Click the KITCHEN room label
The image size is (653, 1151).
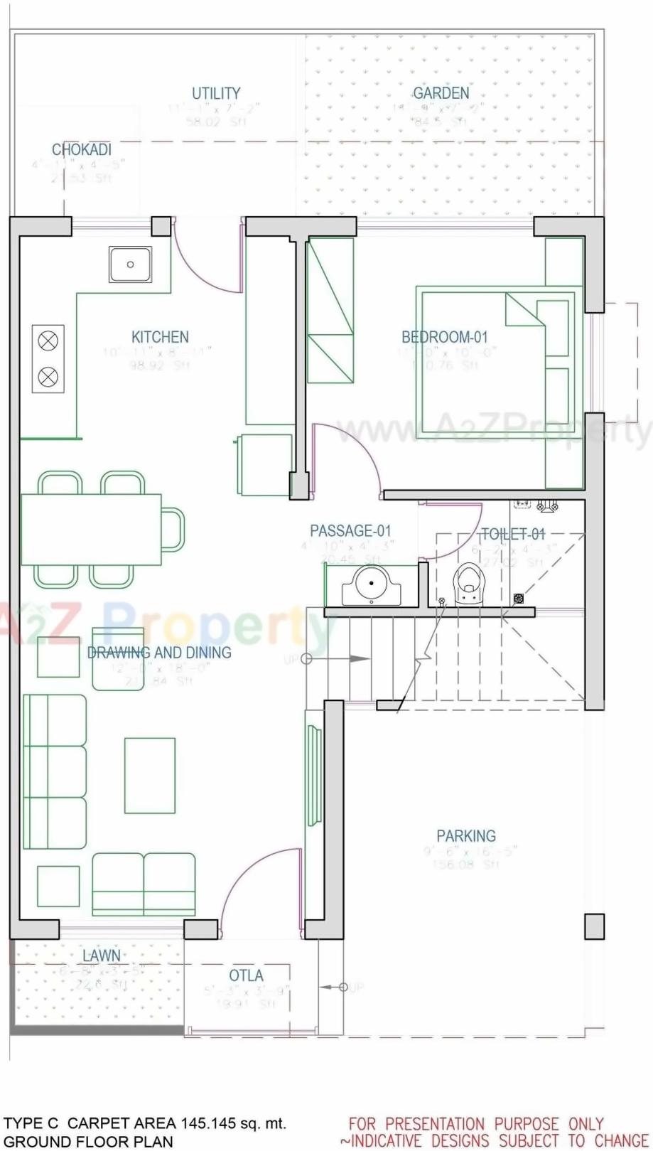click(x=160, y=337)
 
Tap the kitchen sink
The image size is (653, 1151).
click(x=130, y=264)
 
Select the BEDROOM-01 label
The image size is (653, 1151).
click(x=445, y=337)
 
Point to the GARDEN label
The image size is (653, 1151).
click(x=441, y=93)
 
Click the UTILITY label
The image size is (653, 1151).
click(x=216, y=93)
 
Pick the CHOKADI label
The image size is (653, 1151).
click(x=82, y=150)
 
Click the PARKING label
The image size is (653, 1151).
click(x=466, y=836)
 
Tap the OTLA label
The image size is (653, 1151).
click(x=246, y=975)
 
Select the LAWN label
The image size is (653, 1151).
click(x=101, y=955)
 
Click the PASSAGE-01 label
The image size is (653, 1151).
click(x=350, y=530)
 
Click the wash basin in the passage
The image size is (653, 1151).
click(x=371, y=586)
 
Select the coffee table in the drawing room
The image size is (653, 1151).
click(x=150, y=775)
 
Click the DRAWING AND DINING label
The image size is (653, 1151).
click(x=159, y=652)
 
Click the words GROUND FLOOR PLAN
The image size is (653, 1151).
click(x=88, y=1142)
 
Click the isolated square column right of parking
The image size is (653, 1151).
click(x=594, y=926)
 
